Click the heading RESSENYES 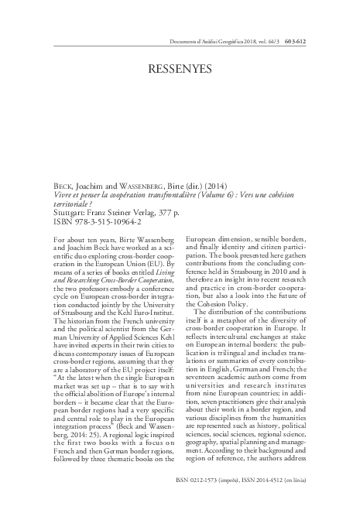click(180, 68)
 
